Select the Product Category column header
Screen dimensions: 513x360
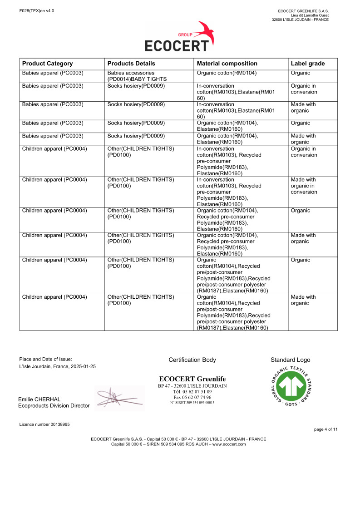coord(47,64)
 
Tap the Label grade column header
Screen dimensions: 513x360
coord(307,64)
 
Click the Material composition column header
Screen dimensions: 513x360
coord(227,64)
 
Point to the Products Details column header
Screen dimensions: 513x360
coord(131,64)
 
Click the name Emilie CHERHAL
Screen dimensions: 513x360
coord(39,399)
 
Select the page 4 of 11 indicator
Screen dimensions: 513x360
coord(325,429)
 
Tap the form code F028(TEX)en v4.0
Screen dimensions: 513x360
coord(37,10)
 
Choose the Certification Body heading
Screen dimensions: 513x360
coord(192,360)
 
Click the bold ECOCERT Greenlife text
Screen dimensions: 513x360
coord(192,379)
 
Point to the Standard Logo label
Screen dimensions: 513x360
coord(290,360)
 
